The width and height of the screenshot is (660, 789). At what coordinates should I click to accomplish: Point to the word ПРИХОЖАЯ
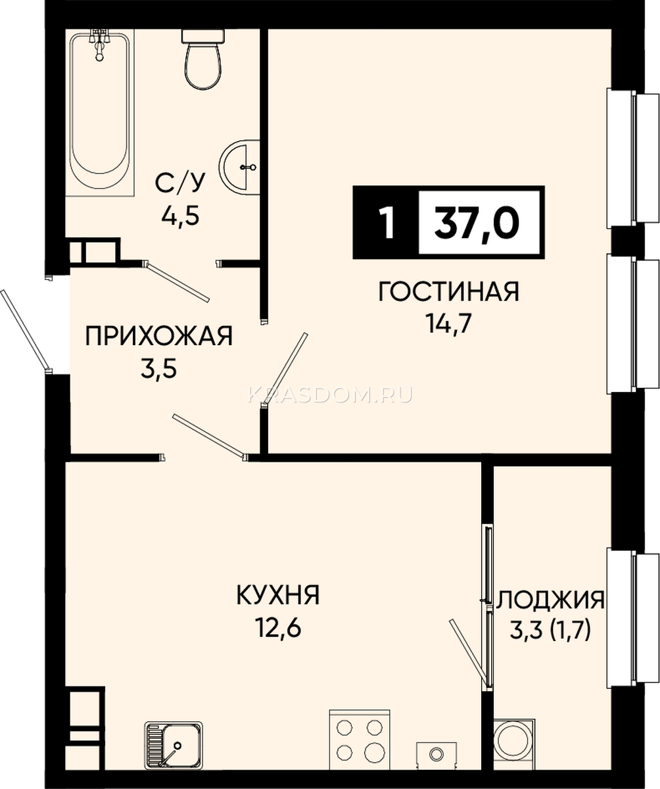pyautogui.click(x=159, y=337)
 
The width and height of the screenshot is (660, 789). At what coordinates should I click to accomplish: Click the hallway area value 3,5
pyautogui.click(x=158, y=371)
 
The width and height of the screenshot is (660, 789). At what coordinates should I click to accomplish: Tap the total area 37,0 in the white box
pyautogui.click(x=477, y=222)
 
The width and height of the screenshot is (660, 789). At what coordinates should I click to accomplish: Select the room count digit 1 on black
pyautogui.click(x=387, y=223)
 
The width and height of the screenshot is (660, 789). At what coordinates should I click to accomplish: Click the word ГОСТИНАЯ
pyautogui.click(x=449, y=292)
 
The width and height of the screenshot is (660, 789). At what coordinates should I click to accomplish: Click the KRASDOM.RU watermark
pyautogui.click(x=330, y=395)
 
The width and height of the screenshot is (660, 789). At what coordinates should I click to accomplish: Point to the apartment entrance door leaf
pyautogui.click(x=26, y=330)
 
